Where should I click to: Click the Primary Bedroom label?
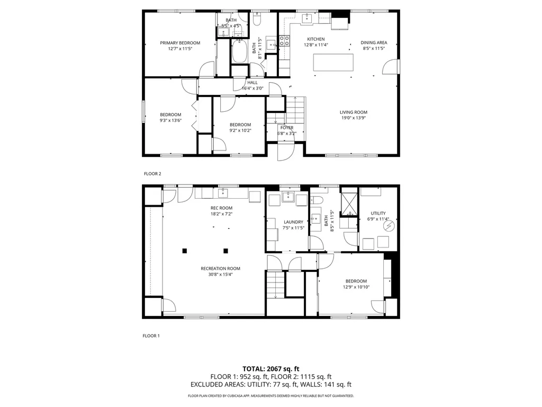180,42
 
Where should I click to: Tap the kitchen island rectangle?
333,63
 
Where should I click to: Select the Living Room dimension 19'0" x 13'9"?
353,118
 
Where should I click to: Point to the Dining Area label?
374,42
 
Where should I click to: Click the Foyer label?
286,128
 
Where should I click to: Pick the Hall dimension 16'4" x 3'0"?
252,89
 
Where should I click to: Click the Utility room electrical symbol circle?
389,226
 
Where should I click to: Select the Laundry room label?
293,222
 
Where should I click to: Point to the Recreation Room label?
220,268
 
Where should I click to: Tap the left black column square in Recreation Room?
185,251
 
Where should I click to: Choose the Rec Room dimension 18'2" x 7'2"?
221,214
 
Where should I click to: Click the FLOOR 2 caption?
152,173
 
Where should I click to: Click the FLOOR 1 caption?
151,335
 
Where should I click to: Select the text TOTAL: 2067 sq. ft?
271,368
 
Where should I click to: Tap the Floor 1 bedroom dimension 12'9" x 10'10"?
356,287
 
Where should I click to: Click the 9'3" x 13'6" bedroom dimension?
170,120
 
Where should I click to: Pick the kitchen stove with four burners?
284,41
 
